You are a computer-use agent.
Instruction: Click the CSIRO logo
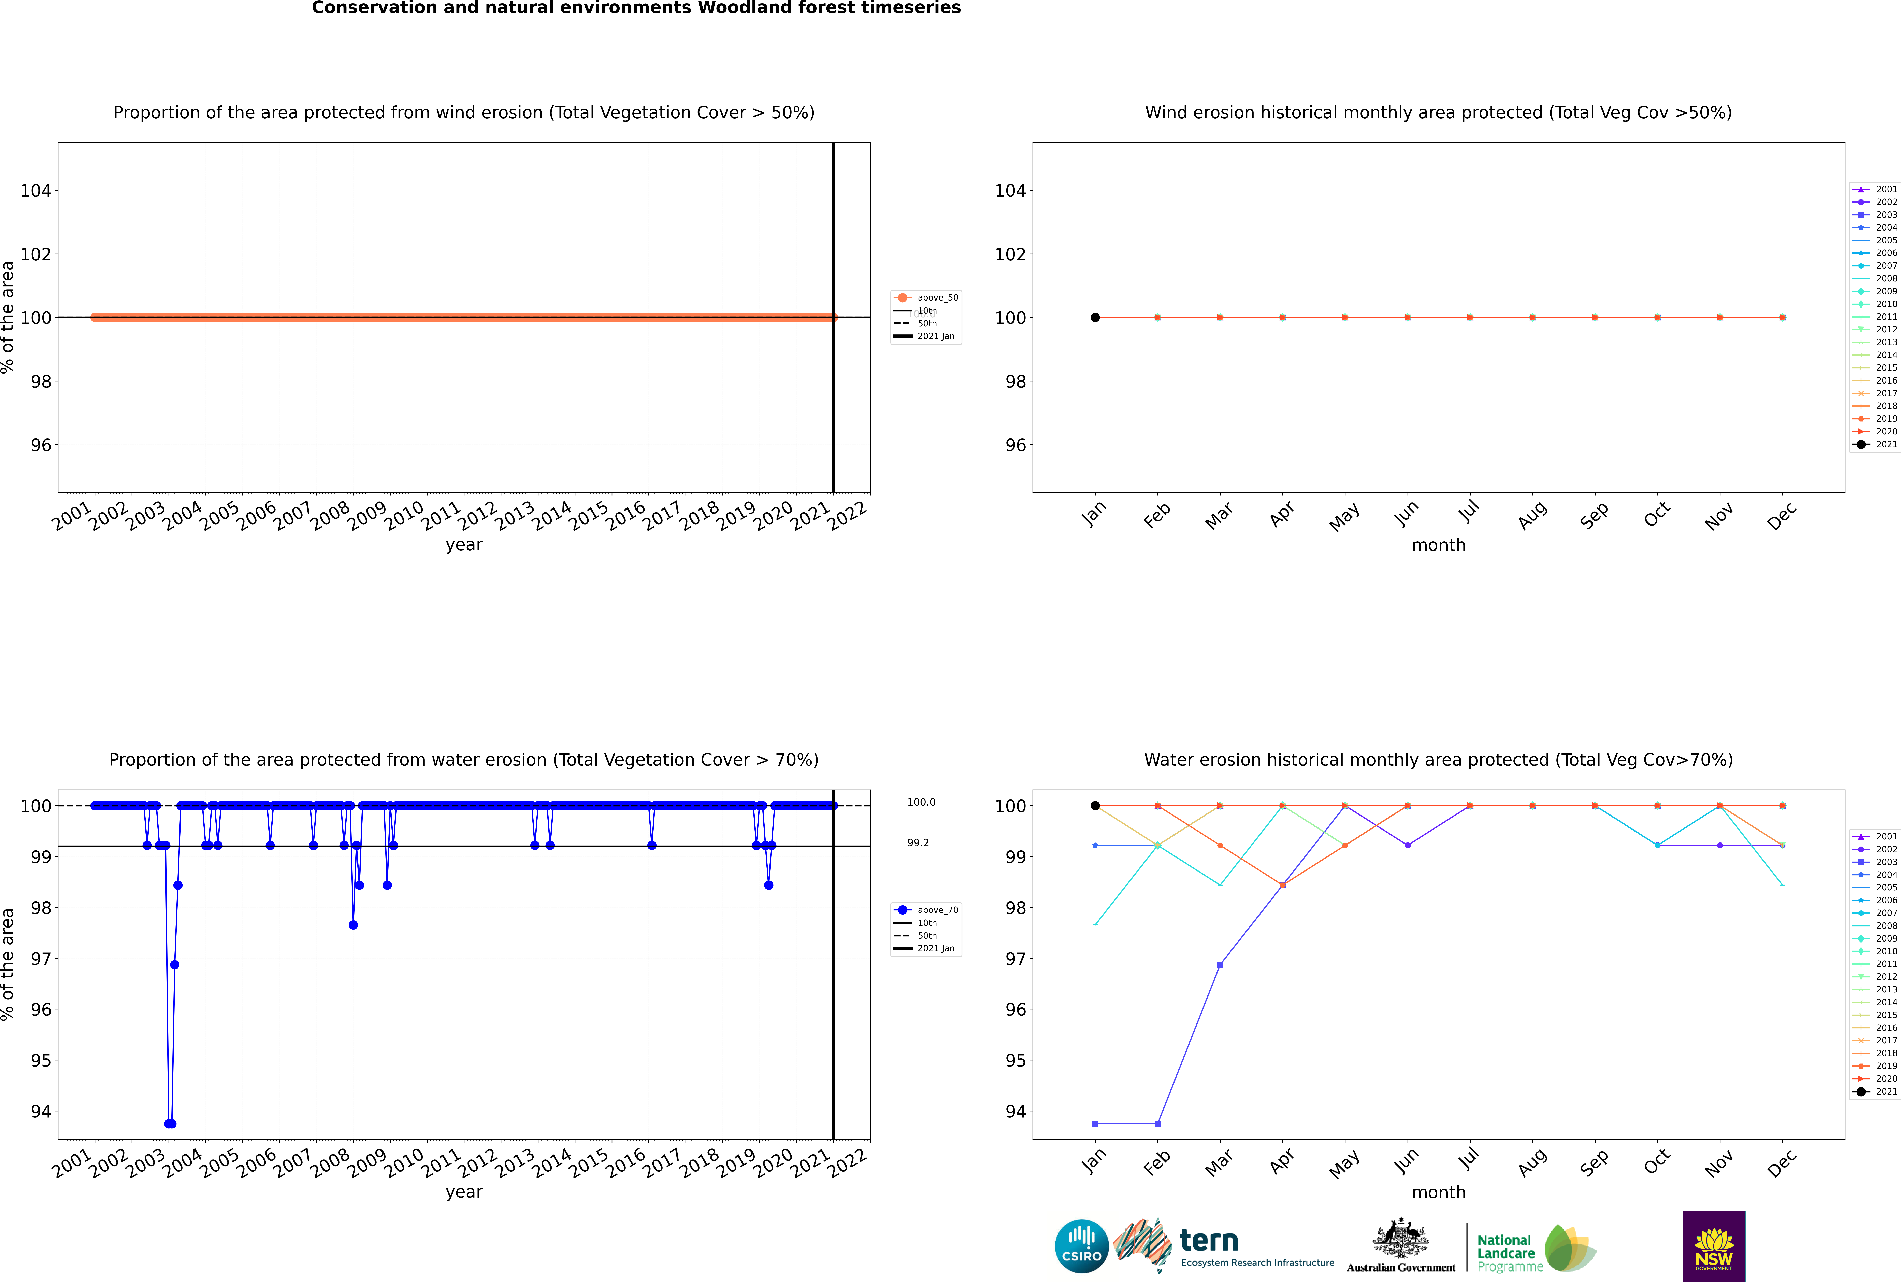(1081, 1246)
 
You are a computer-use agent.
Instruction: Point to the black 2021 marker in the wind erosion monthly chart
(1095, 317)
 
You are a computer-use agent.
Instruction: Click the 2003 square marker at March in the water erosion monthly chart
(1220, 965)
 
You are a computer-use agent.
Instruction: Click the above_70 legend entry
(926, 910)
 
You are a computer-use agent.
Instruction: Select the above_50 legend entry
(926, 298)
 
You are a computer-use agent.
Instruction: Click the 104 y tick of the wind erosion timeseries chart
(36, 191)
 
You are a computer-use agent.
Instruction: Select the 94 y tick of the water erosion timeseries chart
(41, 1111)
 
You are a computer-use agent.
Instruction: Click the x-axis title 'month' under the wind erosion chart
(1438, 545)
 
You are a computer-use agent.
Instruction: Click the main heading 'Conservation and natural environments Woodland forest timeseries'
(636, 8)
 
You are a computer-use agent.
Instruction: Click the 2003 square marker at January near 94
(1095, 1123)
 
